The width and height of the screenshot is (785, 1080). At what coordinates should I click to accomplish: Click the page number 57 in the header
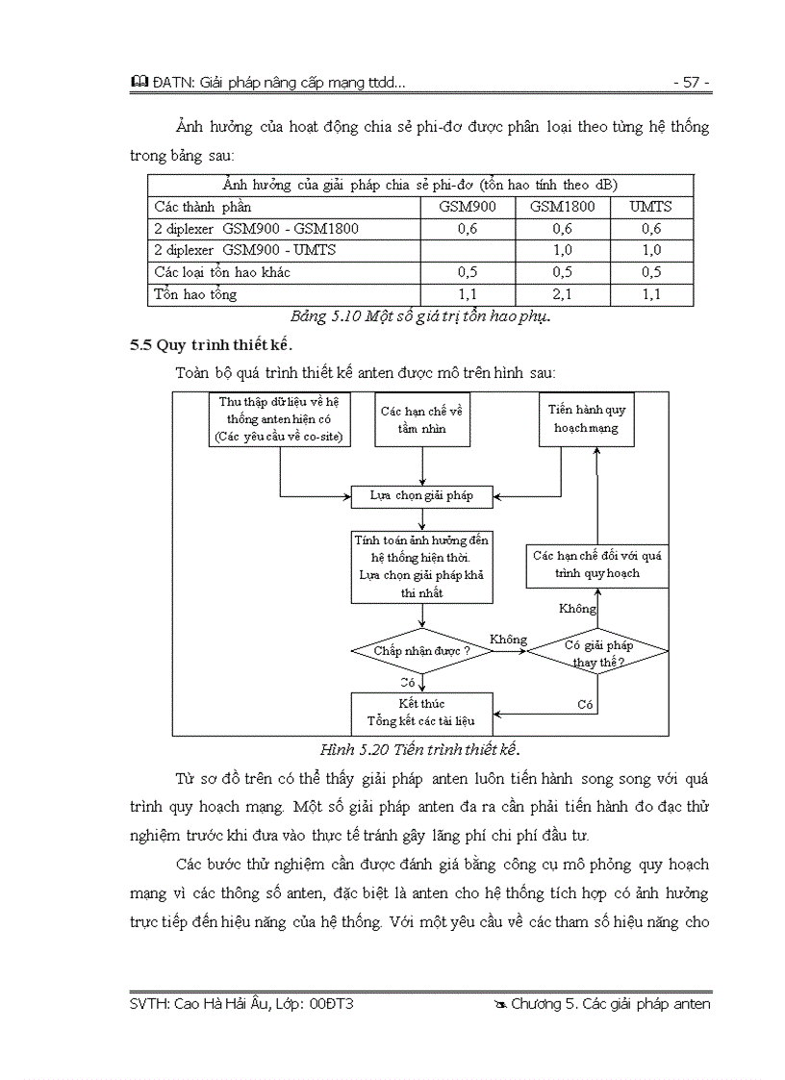[691, 83]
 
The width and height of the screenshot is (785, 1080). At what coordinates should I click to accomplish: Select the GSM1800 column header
[563, 207]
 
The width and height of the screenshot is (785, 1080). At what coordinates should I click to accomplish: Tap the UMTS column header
[651, 207]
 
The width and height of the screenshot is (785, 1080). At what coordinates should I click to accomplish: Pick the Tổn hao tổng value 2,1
[563, 294]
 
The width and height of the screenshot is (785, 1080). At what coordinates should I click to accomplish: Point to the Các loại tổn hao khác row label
[222, 272]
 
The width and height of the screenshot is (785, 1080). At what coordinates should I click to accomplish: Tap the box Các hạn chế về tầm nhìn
[422, 419]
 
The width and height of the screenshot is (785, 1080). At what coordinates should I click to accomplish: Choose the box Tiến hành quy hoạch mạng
[586, 419]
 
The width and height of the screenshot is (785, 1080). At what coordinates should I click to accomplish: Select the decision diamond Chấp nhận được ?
[422, 651]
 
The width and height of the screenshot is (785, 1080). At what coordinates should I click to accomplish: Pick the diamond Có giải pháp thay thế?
[597, 653]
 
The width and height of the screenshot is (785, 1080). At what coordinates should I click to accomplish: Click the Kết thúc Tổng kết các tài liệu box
[422, 713]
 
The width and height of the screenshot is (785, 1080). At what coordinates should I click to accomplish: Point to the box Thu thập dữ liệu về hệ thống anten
[279, 419]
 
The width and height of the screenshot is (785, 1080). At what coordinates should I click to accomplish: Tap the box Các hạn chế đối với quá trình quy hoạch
[597, 565]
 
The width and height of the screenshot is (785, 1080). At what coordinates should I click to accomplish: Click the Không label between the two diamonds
[508, 640]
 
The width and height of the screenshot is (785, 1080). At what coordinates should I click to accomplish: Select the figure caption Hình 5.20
[425, 749]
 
